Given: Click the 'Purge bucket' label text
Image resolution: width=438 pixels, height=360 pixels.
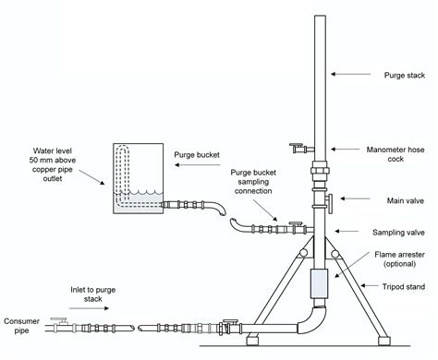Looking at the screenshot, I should coord(197,154).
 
